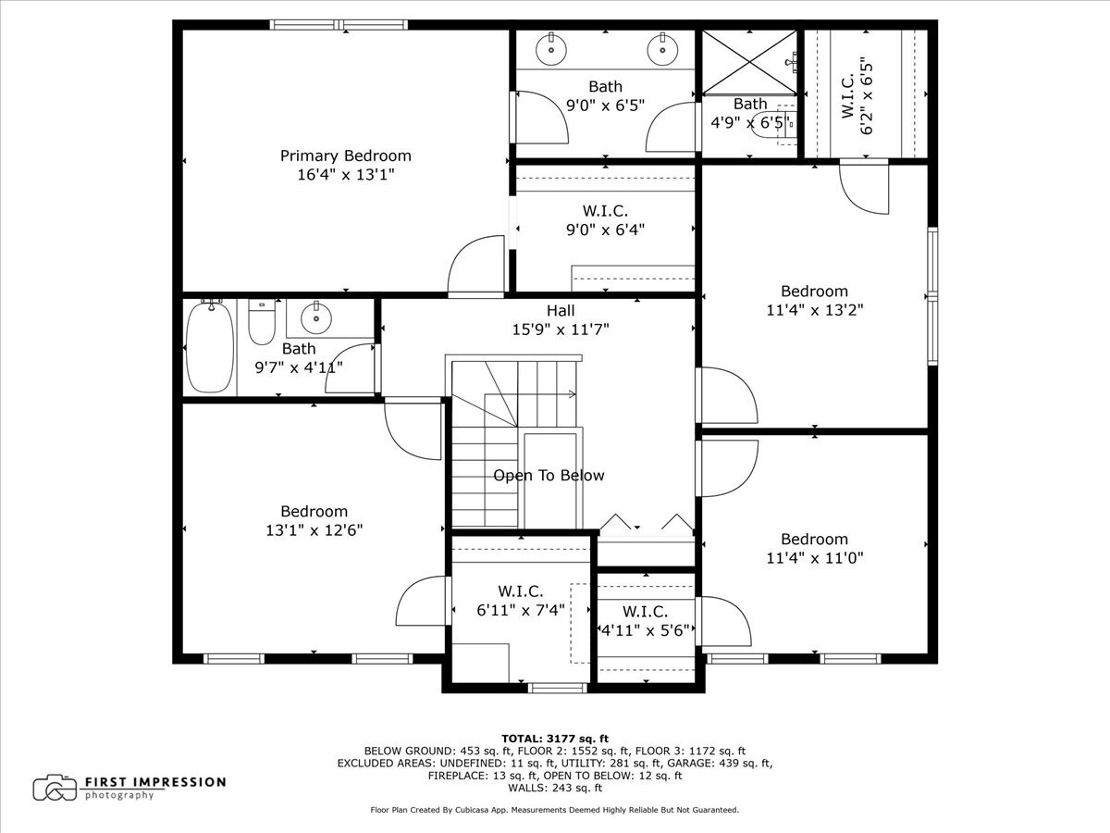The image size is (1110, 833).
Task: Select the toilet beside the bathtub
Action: click(x=262, y=323)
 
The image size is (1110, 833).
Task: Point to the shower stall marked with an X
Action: click(x=747, y=62)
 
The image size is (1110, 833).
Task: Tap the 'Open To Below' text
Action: click(x=549, y=476)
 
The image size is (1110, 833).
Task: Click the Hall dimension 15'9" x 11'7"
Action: click(x=561, y=329)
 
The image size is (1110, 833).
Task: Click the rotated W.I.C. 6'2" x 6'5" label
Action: click(x=857, y=95)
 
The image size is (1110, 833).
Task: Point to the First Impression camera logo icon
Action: click(x=55, y=788)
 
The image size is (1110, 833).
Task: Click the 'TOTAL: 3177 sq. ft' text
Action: click(x=555, y=738)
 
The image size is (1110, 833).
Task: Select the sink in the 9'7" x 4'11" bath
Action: click(x=317, y=317)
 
